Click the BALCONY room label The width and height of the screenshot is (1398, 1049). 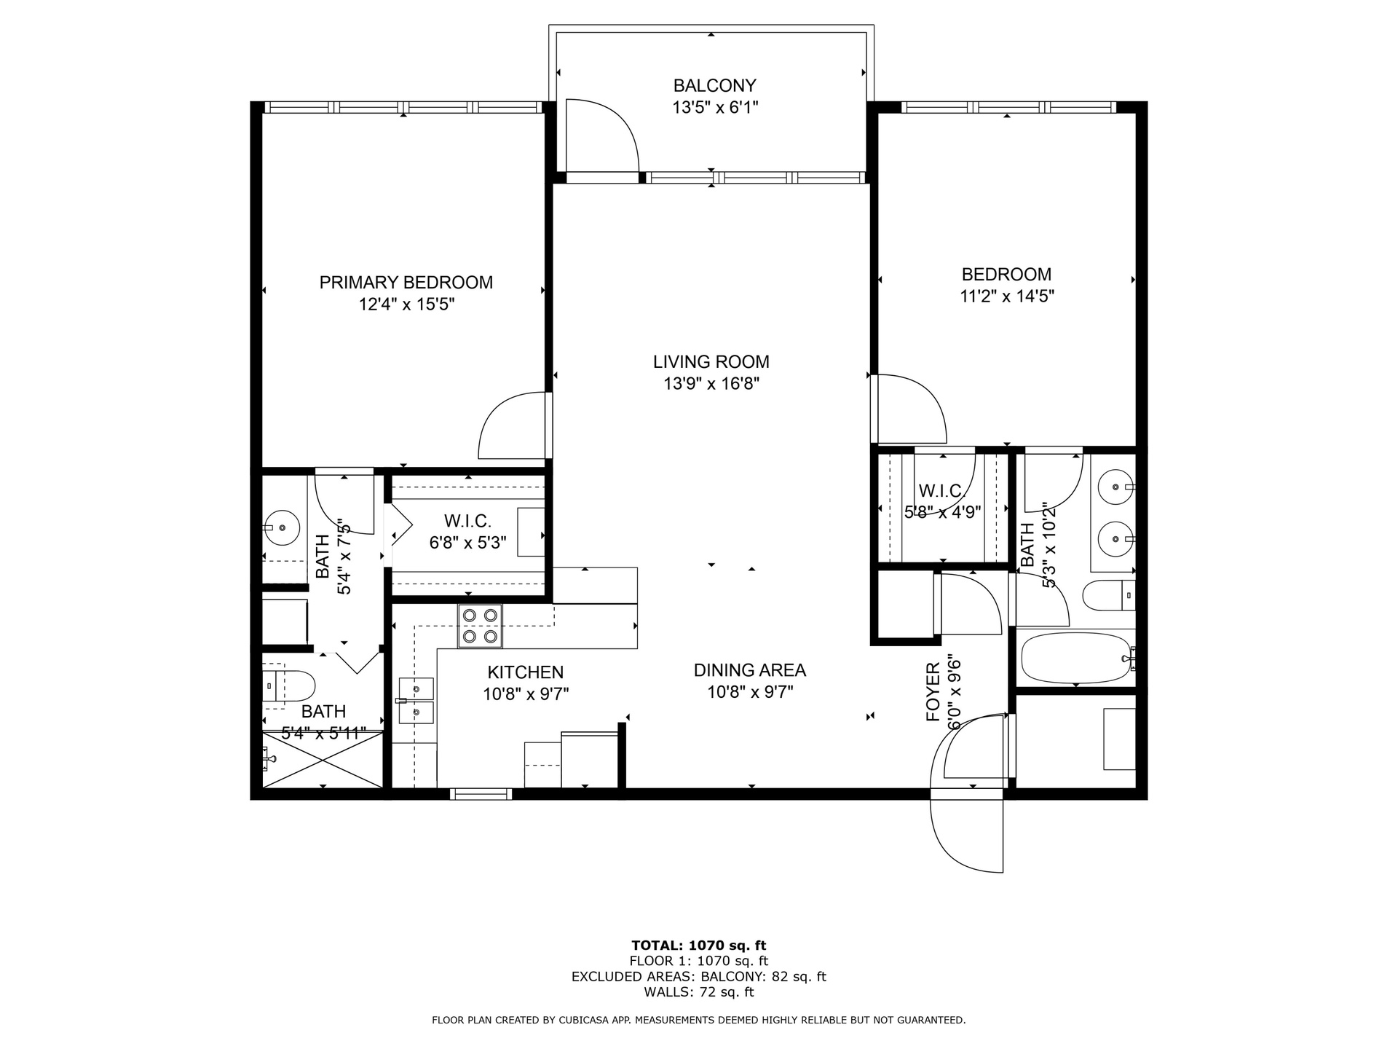714,85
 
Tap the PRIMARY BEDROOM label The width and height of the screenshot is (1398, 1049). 406,282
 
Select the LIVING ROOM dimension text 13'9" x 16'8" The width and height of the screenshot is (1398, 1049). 711,383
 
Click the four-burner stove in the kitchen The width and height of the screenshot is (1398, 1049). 480,626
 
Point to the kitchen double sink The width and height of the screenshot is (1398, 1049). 416,701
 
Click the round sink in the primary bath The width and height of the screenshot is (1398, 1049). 282,526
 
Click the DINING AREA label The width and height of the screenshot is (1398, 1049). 750,670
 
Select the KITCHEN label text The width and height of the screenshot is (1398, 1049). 526,672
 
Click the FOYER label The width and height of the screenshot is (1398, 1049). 933,692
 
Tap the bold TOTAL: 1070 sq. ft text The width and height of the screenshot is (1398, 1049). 699,946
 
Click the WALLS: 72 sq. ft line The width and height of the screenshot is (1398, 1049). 699,991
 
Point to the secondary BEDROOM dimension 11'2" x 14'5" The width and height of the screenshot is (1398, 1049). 1007,296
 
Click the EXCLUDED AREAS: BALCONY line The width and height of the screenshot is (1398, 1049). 699,976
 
